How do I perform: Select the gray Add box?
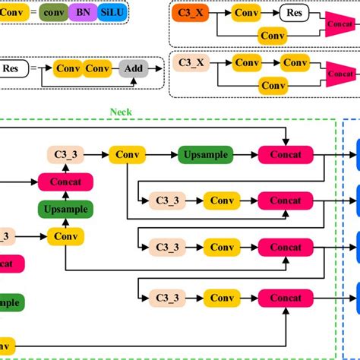(x=134, y=68)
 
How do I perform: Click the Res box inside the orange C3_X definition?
(x=293, y=12)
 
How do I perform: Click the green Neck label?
(x=120, y=112)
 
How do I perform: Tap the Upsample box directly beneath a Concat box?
(x=65, y=208)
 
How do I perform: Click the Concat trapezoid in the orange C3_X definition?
(x=340, y=23)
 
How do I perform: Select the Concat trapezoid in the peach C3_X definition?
(x=340, y=74)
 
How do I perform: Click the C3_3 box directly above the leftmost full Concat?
(x=65, y=154)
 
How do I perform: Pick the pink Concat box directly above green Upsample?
(x=65, y=182)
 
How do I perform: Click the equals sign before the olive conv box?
(x=33, y=12)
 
